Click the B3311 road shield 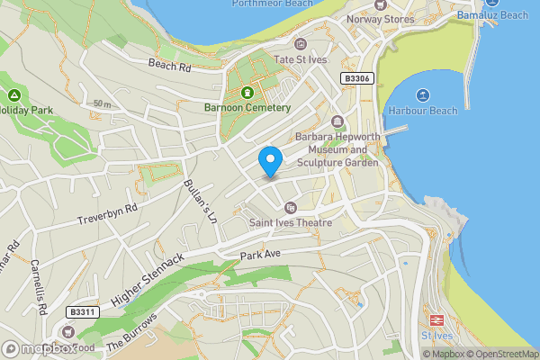[82, 312]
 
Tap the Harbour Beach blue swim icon [423, 95]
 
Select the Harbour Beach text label [424, 111]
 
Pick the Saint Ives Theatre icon [290, 208]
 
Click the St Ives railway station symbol [436, 320]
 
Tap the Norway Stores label [382, 19]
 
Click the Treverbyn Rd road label [106, 213]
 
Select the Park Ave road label [261, 256]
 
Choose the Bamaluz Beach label [491, 15]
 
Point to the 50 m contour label [103, 104]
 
